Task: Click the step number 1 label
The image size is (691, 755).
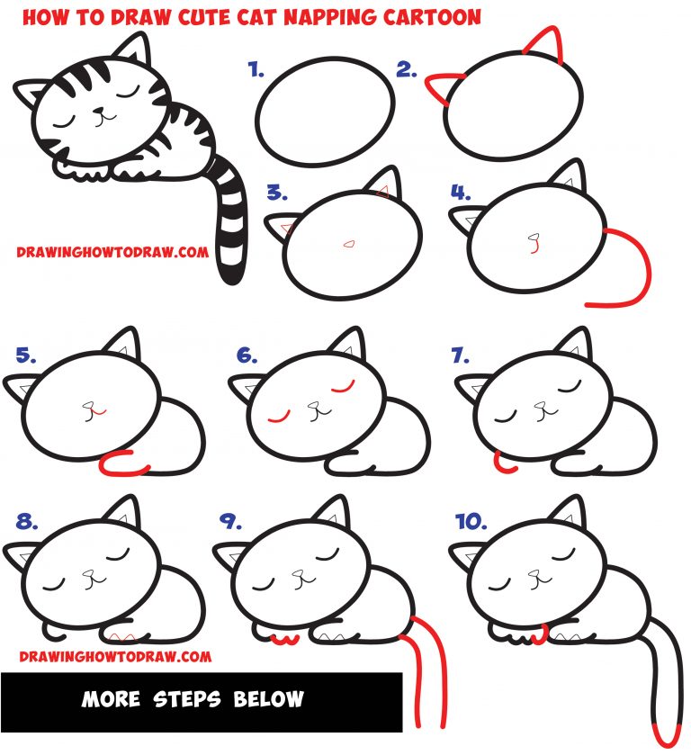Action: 256,68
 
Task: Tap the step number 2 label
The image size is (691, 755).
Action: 406,68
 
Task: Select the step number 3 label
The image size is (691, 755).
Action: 276,193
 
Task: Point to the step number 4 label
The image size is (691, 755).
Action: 461,193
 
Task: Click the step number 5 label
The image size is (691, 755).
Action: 25,355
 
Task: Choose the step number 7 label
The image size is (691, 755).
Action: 461,355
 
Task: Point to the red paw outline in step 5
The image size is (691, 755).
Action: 121,466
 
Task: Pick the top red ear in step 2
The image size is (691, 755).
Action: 543,43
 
